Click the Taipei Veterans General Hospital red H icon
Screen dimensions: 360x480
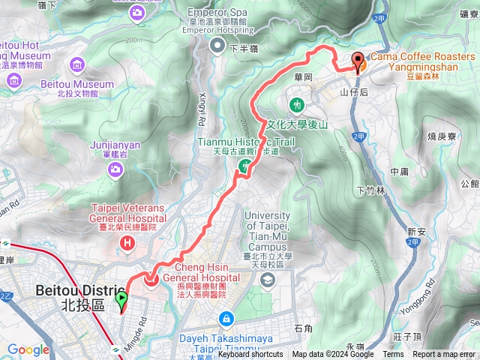[x=127, y=242]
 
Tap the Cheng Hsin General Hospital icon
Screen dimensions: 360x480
[x=151, y=280]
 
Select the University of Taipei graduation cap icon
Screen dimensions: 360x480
[x=267, y=280]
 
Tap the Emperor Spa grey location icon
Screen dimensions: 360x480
[x=217, y=47]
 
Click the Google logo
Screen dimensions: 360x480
[x=28, y=349]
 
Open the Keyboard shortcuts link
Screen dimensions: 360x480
[x=250, y=355]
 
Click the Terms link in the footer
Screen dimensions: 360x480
[x=393, y=355]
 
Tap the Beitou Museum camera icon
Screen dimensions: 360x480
[x=14, y=79]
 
